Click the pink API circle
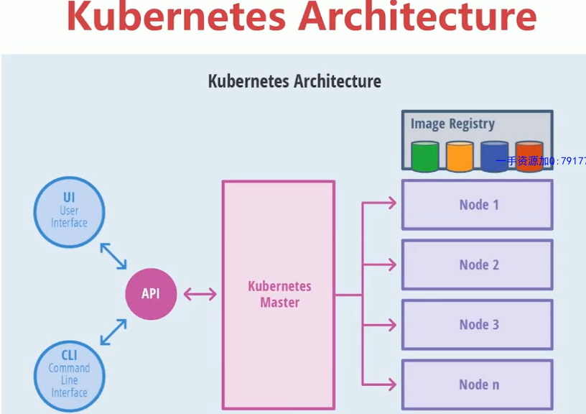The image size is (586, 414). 151,293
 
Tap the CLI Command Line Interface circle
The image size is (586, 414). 69,374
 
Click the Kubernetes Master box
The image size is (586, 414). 279,293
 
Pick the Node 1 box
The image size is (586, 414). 478,205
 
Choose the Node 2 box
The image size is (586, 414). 478,264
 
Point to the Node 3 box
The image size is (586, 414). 478,324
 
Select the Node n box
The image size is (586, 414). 478,385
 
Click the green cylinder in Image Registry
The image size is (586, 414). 424,156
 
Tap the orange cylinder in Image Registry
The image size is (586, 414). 460,156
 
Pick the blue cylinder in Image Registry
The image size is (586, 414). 494,156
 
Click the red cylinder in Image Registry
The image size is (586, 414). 529,156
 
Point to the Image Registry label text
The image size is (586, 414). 452,124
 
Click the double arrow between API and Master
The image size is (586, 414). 200,293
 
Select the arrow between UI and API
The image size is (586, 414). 113,256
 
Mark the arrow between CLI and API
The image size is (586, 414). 113,333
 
